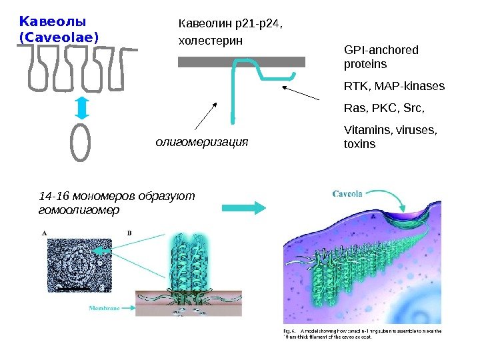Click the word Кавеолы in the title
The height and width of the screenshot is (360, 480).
point(49,21)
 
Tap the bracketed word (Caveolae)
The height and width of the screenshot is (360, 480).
point(59,37)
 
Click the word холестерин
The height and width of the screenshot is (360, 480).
point(211,41)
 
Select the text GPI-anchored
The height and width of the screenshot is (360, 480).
point(381,50)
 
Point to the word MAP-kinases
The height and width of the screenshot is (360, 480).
point(413,86)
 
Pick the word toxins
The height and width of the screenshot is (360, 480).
point(359,144)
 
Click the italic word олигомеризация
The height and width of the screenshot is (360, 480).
point(201,141)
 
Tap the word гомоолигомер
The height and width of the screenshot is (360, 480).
point(79,210)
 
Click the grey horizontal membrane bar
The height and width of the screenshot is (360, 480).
point(241,62)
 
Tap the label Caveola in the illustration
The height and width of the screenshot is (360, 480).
point(347,194)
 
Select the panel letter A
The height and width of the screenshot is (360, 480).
point(45,233)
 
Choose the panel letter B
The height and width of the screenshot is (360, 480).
point(129,233)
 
